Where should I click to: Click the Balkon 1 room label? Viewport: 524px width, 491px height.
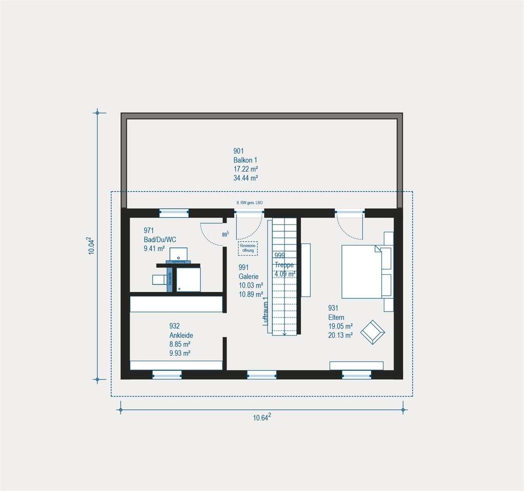[x=245, y=160]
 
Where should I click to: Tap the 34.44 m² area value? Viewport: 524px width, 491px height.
[x=245, y=178]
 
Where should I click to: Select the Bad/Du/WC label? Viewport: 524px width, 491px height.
[x=160, y=239]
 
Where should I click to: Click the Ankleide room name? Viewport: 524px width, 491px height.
[x=181, y=335]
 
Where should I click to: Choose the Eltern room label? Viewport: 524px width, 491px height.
[x=336, y=317]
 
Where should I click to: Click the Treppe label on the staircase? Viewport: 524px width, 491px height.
[x=284, y=265]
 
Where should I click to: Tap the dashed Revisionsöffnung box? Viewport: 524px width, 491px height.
[x=248, y=248]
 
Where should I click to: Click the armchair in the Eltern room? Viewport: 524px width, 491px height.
[x=373, y=332]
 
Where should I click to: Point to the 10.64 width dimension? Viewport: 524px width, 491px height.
[x=261, y=417]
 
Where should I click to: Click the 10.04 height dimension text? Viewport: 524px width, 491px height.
[x=91, y=245]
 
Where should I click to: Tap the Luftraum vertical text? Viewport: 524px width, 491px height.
[x=266, y=312]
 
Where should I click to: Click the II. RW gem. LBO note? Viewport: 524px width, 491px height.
[x=249, y=203]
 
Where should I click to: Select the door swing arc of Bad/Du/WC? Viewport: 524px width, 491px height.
[x=210, y=233]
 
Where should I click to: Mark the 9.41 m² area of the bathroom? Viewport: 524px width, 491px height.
[x=155, y=249]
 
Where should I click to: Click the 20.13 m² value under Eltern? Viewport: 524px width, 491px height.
[x=340, y=336]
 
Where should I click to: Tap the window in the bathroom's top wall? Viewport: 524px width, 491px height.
[x=174, y=213]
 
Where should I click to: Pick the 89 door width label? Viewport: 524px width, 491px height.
[x=225, y=234]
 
